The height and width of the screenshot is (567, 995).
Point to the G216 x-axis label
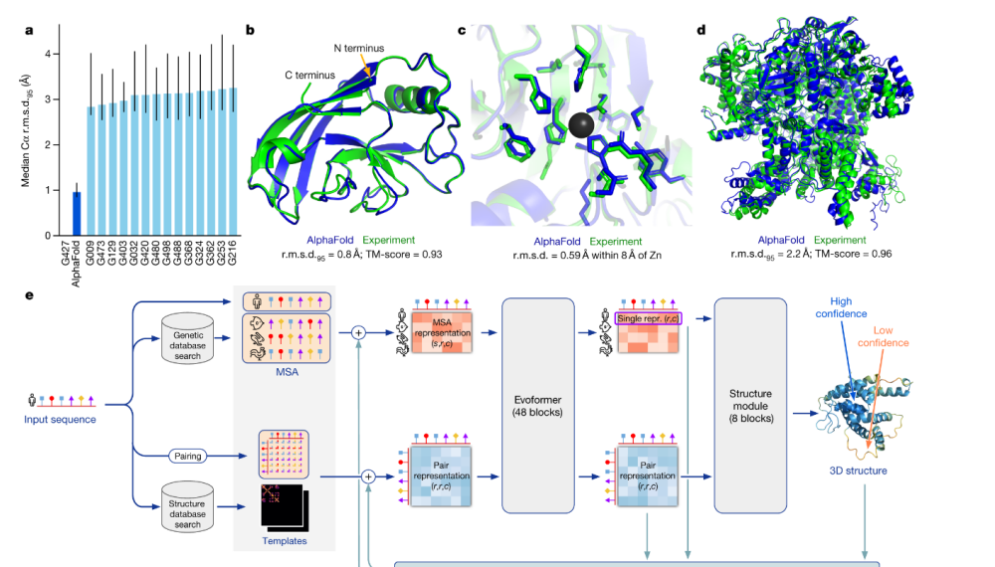click(x=233, y=260)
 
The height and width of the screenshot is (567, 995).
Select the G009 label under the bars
click(x=90, y=260)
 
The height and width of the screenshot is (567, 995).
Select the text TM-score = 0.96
click(x=855, y=254)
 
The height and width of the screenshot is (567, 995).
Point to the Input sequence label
click(x=61, y=420)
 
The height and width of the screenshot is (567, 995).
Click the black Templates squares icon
click(x=283, y=507)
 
